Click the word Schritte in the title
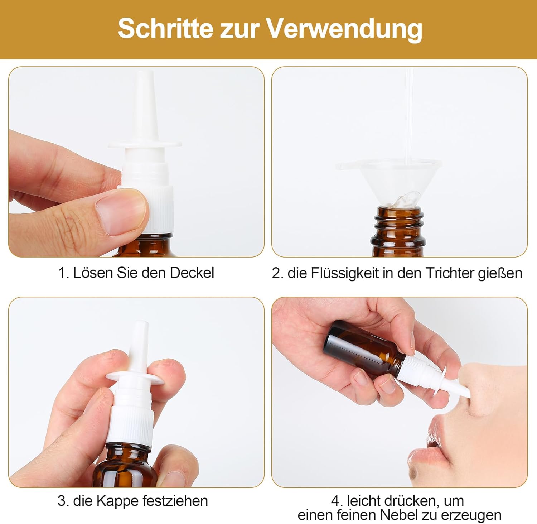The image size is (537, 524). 166,28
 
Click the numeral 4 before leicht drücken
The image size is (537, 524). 335,501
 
